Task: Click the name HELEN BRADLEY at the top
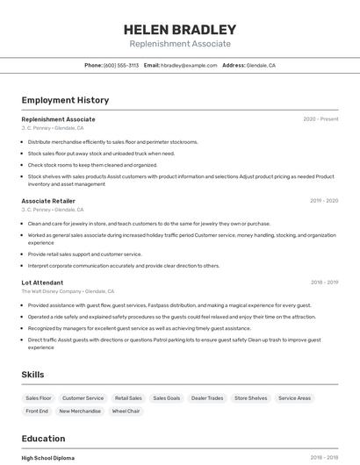(x=180, y=29)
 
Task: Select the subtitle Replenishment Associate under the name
(x=180, y=44)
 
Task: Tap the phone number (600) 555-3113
(x=121, y=65)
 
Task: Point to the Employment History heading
(x=65, y=100)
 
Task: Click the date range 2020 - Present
(x=320, y=119)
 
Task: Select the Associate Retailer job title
(x=48, y=201)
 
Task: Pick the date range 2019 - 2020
(x=324, y=201)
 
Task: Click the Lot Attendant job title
(x=42, y=283)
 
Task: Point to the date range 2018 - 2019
(x=324, y=283)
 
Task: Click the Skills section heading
(x=32, y=375)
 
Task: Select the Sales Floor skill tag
(x=39, y=398)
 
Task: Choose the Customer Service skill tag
(x=83, y=398)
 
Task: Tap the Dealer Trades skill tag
(x=207, y=398)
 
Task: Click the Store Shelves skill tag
(x=250, y=398)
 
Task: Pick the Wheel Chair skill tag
(x=126, y=411)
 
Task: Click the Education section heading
(x=43, y=438)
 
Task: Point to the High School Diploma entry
(x=48, y=458)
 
